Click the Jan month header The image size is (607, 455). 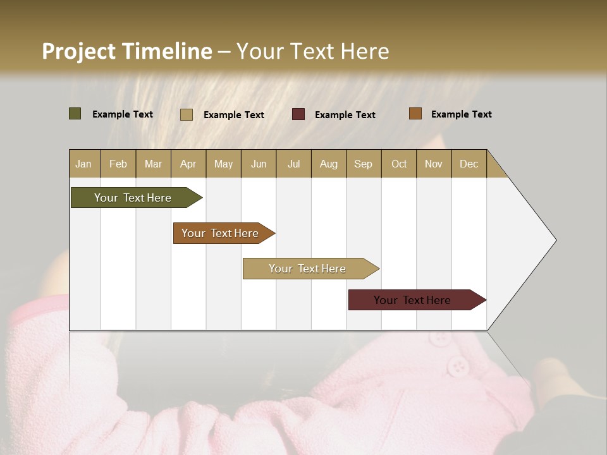tap(83, 164)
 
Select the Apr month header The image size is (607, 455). tap(188, 164)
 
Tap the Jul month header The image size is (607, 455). tap(293, 164)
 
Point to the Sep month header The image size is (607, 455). tap(363, 164)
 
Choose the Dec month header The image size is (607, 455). tap(469, 164)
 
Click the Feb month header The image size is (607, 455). tap(118, 164)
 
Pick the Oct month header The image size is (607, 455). tap(399, 164)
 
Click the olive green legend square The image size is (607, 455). tap(75, 114)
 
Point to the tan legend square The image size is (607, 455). tap(187, 114)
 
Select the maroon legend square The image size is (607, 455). tap(298, 114)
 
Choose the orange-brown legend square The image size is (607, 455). tap(415, 114)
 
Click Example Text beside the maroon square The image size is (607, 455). tap(345, 115)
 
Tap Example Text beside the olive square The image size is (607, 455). tap(123, 114)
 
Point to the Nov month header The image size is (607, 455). tap(434, 164)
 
